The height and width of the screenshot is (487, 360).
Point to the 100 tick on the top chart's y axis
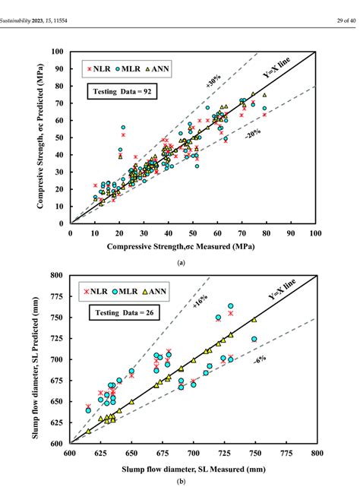click(x=58, y=52)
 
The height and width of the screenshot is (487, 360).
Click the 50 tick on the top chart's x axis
click(x=193, y=233)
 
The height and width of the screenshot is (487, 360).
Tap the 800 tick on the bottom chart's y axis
click(x=58, y=275)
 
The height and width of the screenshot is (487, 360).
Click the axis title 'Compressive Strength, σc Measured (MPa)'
click(x=192, y=247)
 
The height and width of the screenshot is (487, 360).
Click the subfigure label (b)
click(x=180, y=481)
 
